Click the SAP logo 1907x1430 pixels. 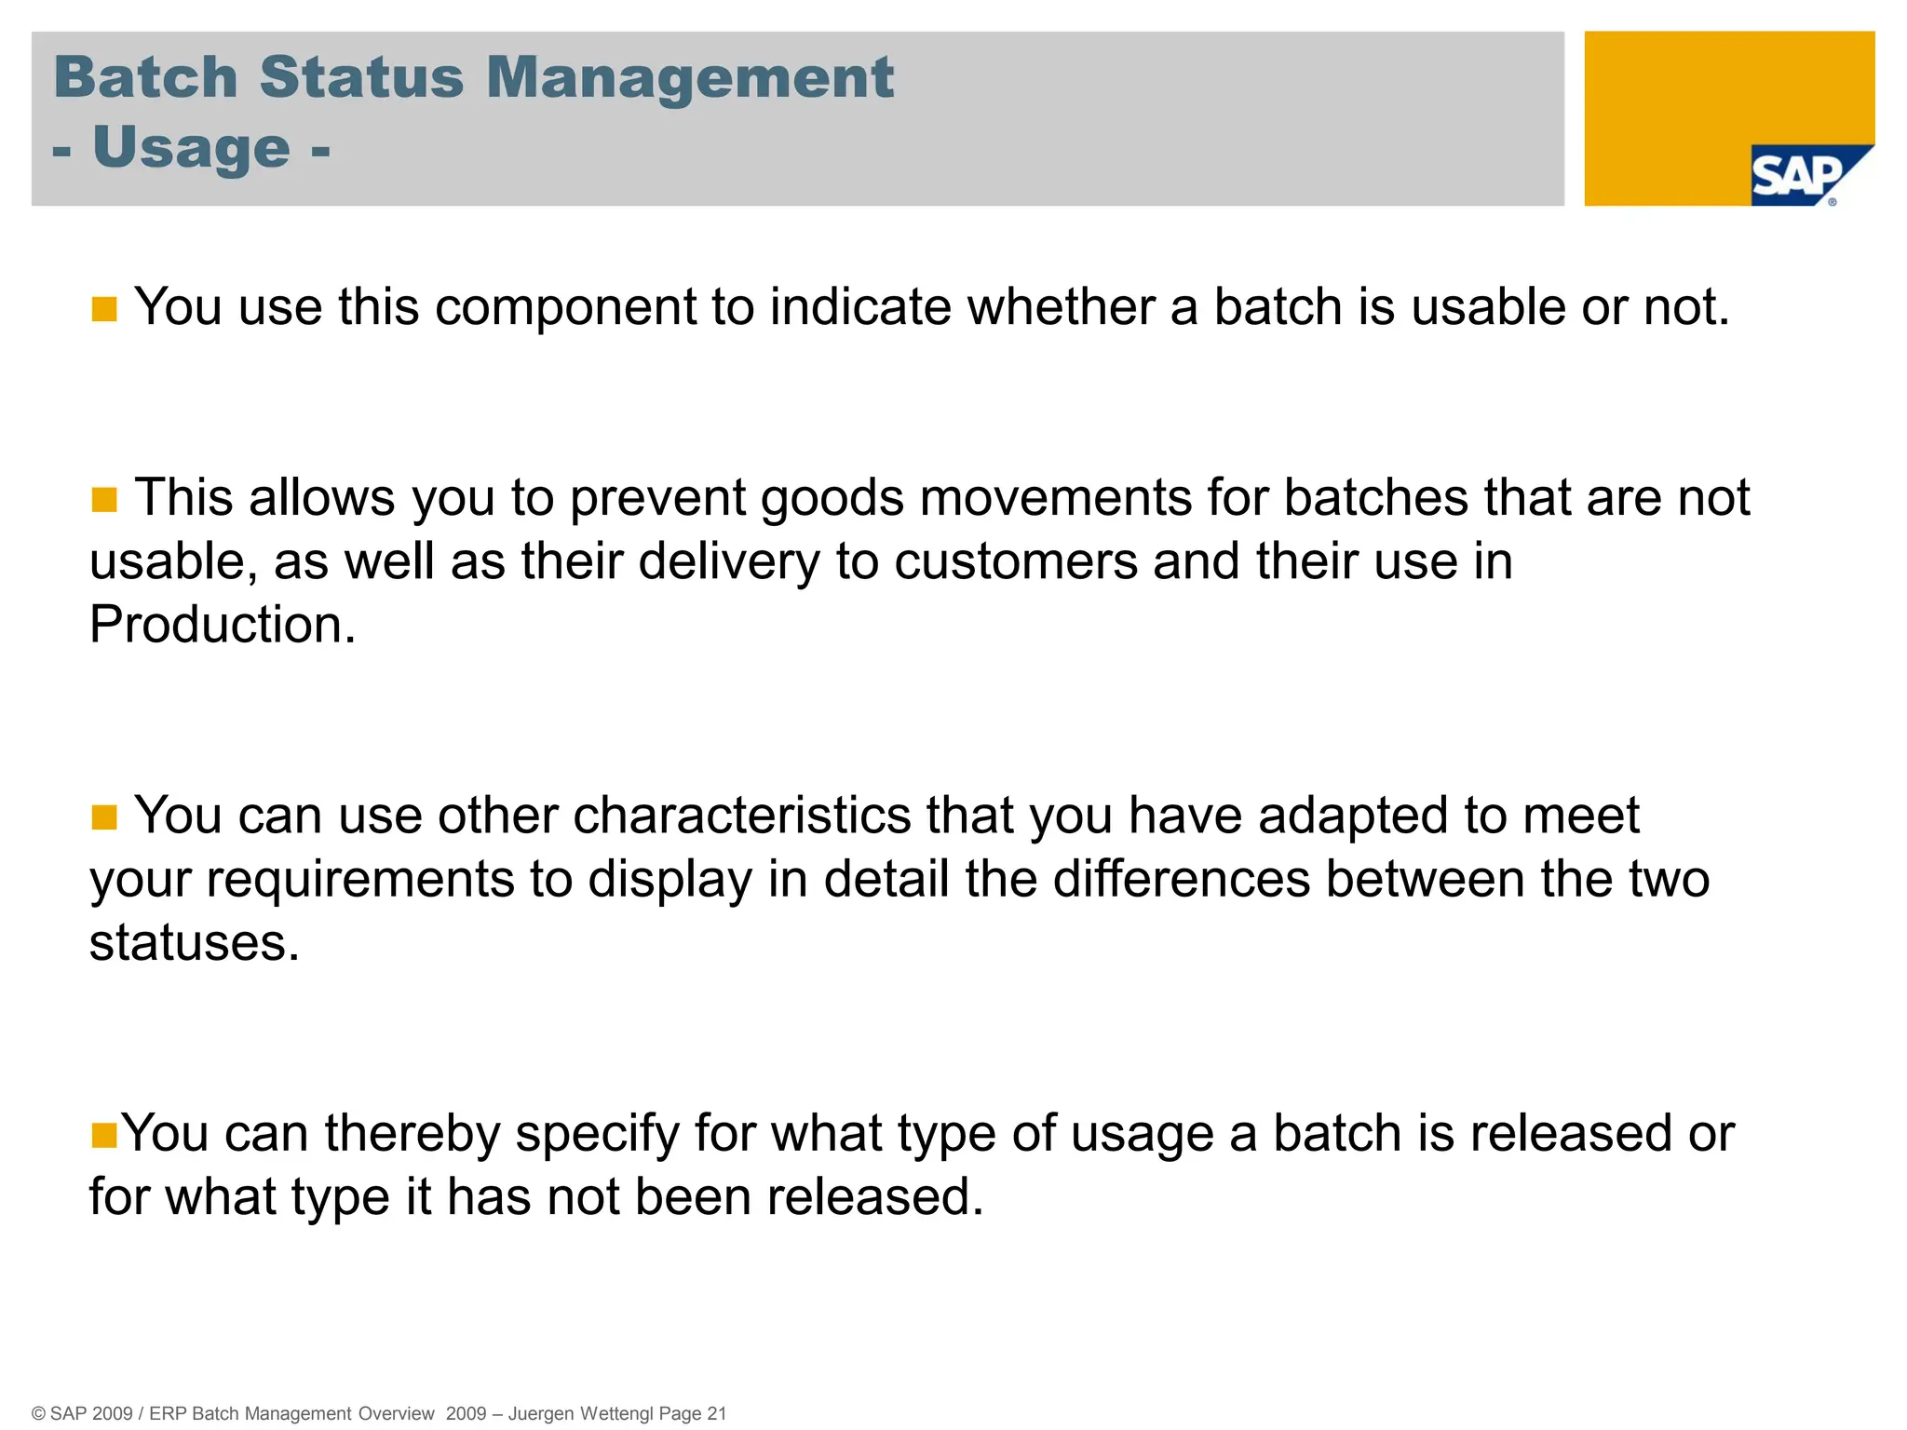(x=1797, y=175)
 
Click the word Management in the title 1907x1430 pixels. (x=689, y=76)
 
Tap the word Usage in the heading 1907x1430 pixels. (x=192, y=147)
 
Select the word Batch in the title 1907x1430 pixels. (x=146, y=76)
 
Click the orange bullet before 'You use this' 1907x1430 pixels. (x=104, y=309)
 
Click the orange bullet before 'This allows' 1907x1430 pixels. (x=104, y=500)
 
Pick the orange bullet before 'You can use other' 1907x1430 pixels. (x=104, y=817)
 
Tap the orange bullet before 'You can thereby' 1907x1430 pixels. (x=104, y=1135)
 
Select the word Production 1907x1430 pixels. (x=223, y=625)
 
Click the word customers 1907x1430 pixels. (x=1016, y=561)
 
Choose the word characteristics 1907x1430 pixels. (x=741, y=816)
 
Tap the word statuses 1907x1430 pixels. (x=195, y=943)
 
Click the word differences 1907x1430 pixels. (x=1181, y=880)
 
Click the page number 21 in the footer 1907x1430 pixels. (x=716, y=1413)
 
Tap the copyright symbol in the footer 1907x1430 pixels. (x=39, y=1413)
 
